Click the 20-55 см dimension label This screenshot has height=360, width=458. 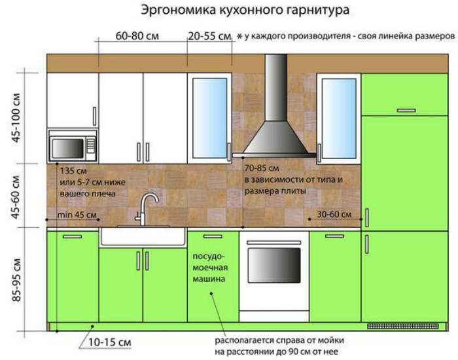pyautogui.click(x=210, y=36)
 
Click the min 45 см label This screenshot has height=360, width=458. pyautogui.click(x=77, y=215)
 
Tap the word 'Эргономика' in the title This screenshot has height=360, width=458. pyautogui.click(x=172, y=10)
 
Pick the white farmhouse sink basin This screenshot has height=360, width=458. pyautogui.click(x=143, y=236)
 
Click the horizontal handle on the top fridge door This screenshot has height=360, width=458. pyautogui.click(x=406, y=110)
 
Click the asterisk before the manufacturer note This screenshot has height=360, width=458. pyautogui.click(x=239, y=37)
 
